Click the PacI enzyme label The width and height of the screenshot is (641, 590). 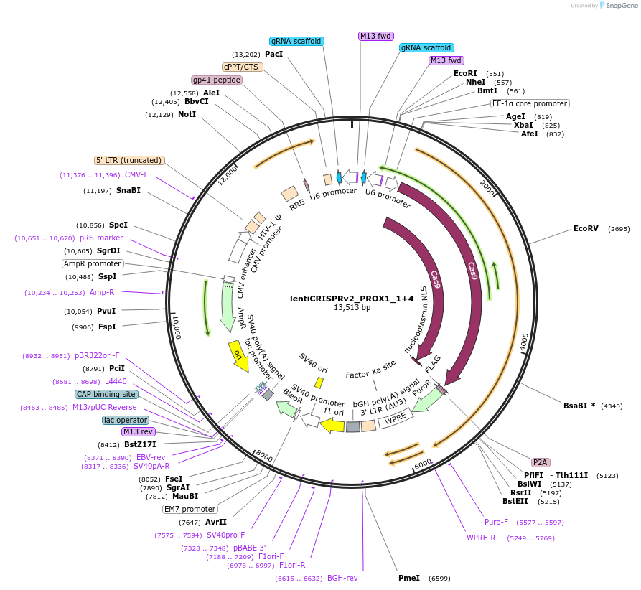[273, 54]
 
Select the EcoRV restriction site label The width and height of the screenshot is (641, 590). [586, 228]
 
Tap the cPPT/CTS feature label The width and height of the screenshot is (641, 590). [241, 67]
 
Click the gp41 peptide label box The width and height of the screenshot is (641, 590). [216, 80]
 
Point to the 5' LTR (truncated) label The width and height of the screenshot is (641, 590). [129, 160]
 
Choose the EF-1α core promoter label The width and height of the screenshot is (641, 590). [530, 103]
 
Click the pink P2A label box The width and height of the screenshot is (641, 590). [541, 462]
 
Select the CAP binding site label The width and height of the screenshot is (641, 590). [106, 394]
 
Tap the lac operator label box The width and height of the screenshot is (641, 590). [126, 420]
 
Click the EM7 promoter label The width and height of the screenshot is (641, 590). [190, 510]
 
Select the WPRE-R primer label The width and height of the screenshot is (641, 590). [481, 538]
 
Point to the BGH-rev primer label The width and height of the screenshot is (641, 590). [342, 578]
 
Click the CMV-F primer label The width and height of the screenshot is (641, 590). [136, 174]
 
